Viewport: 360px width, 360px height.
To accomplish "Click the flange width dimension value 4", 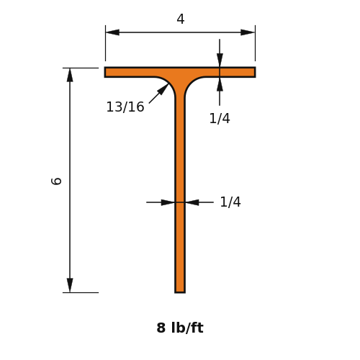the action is [x=181, y=19].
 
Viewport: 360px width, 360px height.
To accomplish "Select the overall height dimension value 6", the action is [x=57, y=181].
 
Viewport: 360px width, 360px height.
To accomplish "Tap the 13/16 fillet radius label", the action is [x=125, y=107].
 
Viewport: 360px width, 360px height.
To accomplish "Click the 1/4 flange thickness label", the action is [x=220, y=119].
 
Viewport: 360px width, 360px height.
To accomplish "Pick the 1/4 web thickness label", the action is [x=230, y=202].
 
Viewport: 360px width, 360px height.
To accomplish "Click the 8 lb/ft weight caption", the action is [x=180, y=328].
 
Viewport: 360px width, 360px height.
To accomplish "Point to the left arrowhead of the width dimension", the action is [x=112, y=32].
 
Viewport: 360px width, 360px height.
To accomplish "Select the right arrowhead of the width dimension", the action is [x=248, y=32].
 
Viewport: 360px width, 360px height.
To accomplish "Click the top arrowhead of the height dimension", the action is [x=70, y=75].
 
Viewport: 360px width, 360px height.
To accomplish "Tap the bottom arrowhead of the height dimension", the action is [x=70, y=285].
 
